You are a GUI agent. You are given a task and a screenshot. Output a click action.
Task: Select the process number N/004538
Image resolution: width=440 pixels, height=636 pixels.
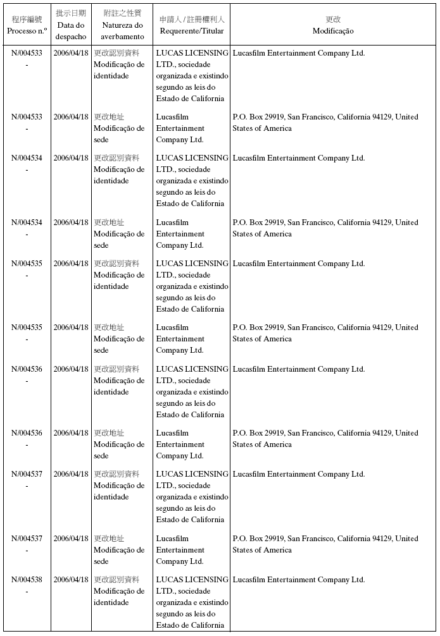click(x=27, y=580)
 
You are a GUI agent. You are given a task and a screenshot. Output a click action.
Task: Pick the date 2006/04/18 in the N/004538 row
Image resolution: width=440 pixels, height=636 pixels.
click(x=71, y=580)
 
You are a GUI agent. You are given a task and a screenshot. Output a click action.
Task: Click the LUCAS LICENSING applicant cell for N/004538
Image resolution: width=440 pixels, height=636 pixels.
click(x=192, y=602)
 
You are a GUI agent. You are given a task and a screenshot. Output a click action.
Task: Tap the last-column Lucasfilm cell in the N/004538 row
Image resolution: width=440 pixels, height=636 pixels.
click(x=299, y=580)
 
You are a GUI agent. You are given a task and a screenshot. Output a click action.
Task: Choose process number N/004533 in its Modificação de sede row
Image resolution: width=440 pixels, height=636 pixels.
click(x=27, y=117)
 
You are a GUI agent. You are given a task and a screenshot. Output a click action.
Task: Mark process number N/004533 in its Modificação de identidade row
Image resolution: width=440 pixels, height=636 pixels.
click(x=27, y=53)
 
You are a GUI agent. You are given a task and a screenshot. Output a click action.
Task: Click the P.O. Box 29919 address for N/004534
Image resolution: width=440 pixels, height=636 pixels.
click(x=325, y=228)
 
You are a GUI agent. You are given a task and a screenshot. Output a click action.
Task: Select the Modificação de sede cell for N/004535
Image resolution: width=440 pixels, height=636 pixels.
click(x=119, y=339)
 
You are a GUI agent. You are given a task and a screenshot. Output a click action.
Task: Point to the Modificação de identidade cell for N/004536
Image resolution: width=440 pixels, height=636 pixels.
click(x=119, y=381)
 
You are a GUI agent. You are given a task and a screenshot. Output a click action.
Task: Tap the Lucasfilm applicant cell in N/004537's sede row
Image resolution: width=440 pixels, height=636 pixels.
click(x=180, y=550)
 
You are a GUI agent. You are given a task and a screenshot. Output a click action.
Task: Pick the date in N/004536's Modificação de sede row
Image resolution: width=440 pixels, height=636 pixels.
click(x=71, y=433)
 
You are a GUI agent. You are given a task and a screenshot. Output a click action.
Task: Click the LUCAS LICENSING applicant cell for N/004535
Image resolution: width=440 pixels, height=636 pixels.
click(x=192, y=286)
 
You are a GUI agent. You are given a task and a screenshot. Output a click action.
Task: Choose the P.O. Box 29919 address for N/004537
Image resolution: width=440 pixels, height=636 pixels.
click(x=325, y=544)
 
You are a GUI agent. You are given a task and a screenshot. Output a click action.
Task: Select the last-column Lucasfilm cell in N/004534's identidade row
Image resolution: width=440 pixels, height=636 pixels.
click(x=299, y=158)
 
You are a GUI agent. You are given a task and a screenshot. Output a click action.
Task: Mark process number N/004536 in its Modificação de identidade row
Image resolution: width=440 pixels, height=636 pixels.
click(x=27, y=369)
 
